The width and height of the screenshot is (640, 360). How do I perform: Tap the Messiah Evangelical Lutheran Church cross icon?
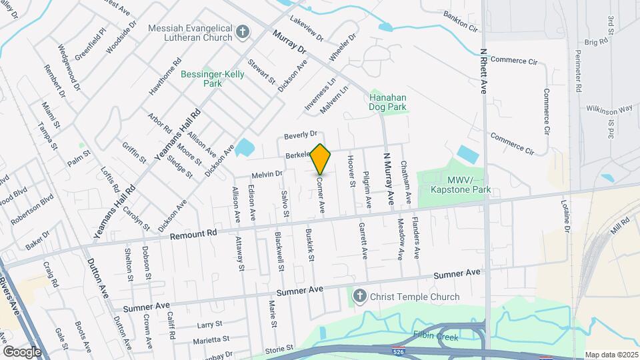point(243,31)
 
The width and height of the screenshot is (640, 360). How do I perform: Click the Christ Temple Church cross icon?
point(359,297)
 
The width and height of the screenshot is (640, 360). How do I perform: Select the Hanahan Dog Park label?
point(388,101)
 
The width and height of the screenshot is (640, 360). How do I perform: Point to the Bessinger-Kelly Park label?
point(212,79)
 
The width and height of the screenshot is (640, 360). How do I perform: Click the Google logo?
point(22,351)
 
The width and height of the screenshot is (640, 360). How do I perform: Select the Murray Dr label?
point(288,41)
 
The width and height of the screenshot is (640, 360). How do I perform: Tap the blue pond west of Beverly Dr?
point(245,148)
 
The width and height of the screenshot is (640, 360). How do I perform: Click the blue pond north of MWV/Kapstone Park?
point(468,155)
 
